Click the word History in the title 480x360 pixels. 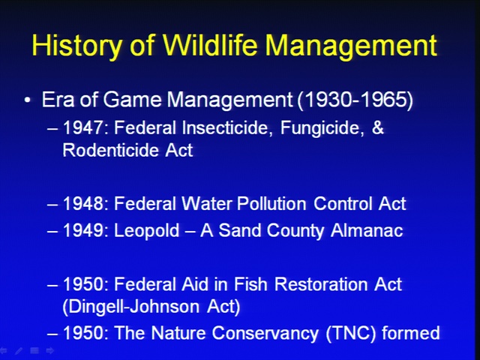coord(76,46)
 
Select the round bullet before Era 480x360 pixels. coord(28,100)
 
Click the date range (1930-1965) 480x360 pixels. coord(355,100)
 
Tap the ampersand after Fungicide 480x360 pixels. coord(377,127)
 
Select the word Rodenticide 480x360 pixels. coord(111,150)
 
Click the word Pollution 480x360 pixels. coord(271,203)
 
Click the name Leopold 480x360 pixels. coord(146,231)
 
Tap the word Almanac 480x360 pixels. coord(367,230)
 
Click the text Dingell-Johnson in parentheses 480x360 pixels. coord(134,307)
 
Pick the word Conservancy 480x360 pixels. coord(265,333)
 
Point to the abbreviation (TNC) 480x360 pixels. coord(351,333)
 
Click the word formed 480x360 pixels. coord(411,332)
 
